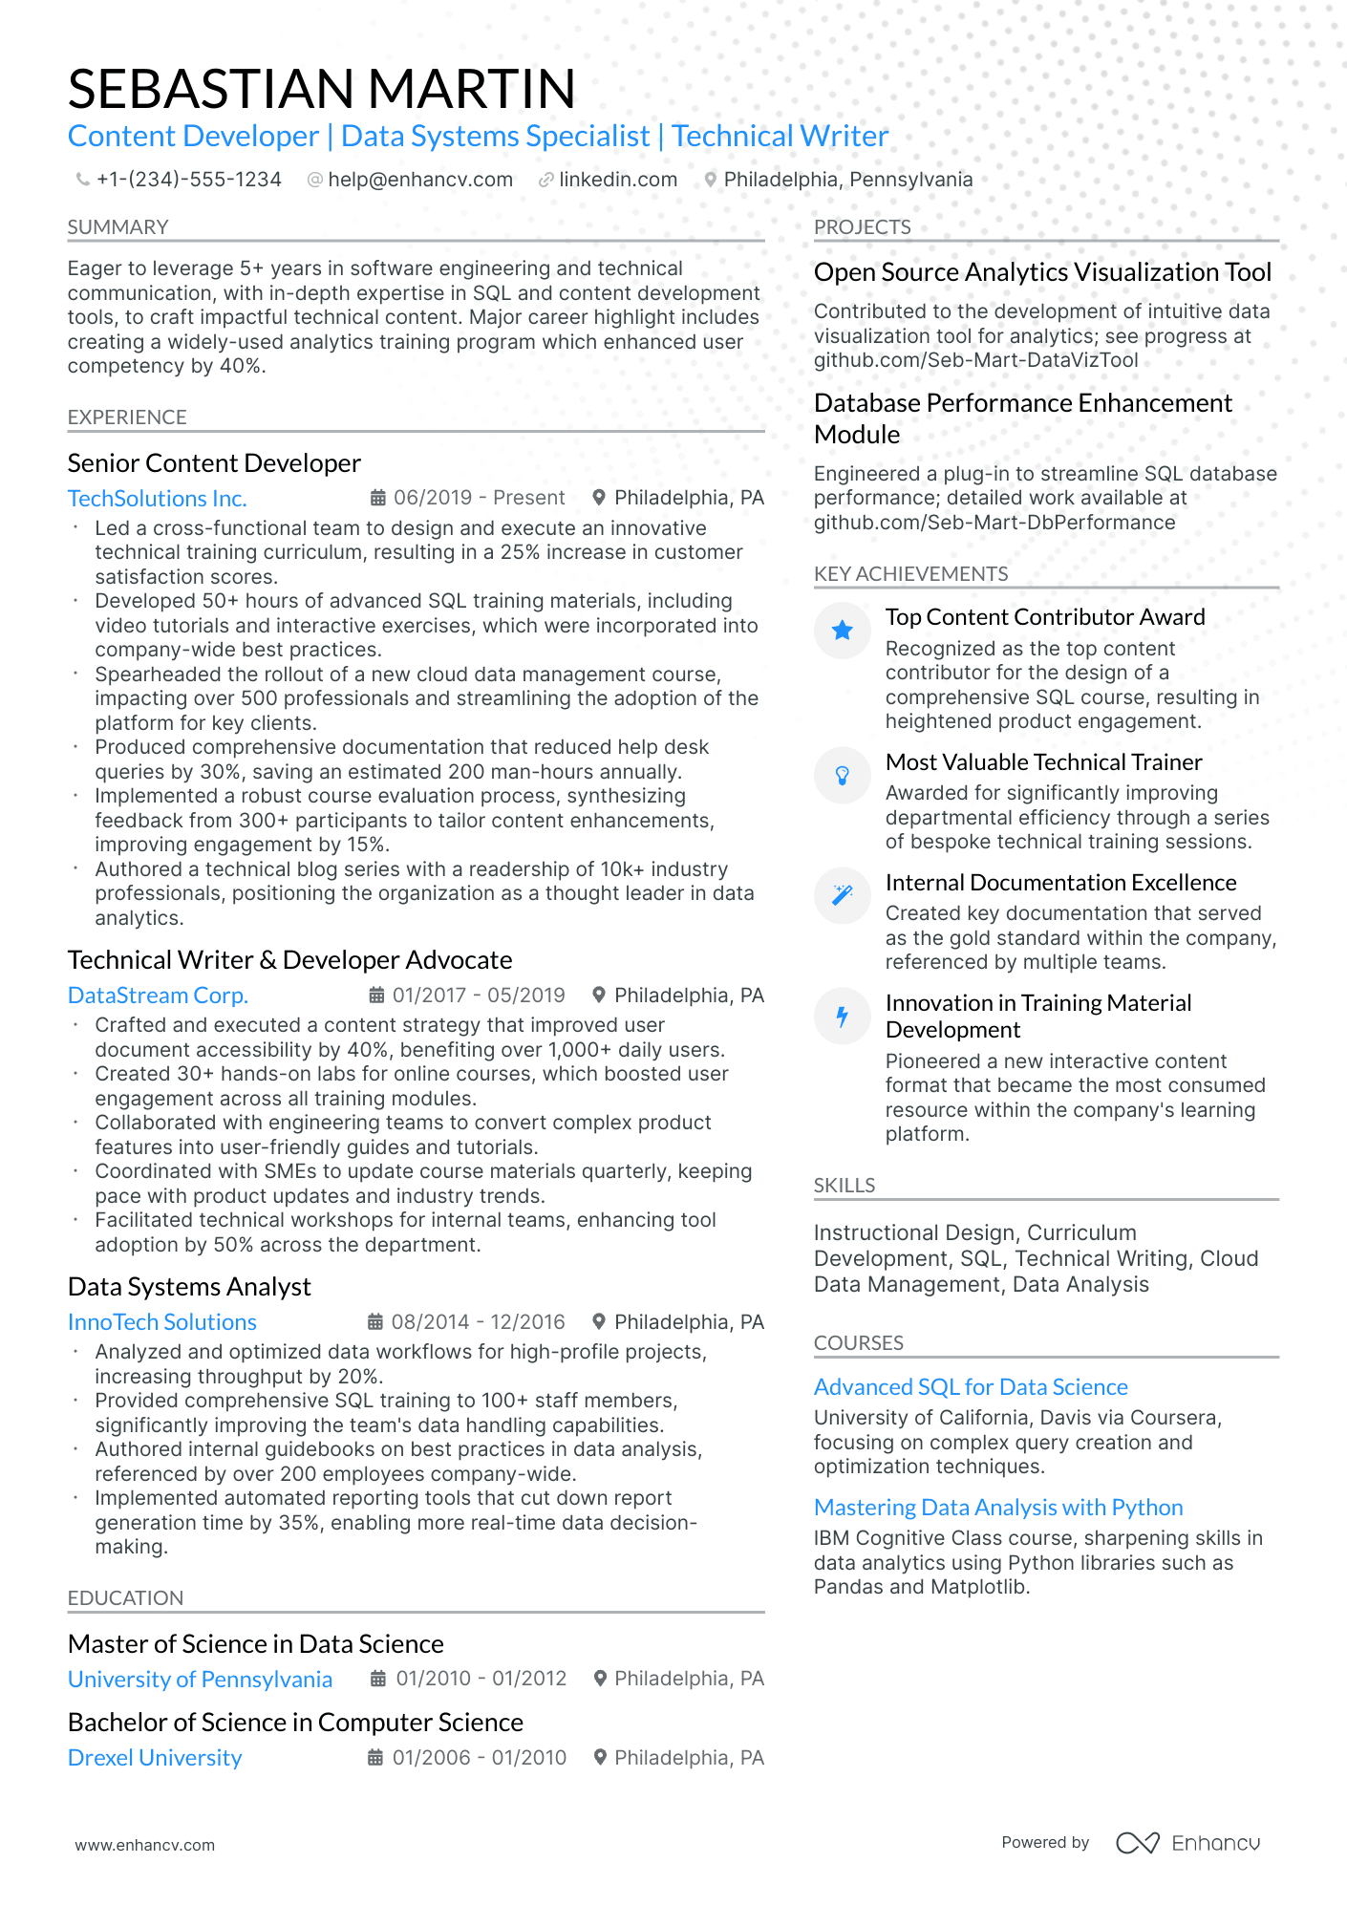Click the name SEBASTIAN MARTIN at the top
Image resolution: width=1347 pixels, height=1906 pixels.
(x=321, y=89)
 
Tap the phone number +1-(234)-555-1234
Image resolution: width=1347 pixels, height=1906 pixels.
(x=188, y=180)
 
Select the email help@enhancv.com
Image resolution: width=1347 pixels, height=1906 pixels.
(x=419, y=180)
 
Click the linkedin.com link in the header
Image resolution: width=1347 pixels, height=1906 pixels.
(x=617, y=180)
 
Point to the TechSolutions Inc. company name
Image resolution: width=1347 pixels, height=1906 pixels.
(x=157, y=499)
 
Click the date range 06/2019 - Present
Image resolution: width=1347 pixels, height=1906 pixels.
(x=479, y=498)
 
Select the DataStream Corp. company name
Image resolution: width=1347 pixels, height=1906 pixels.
(x=158, y=996)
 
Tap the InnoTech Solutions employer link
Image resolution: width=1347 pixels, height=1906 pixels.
(x=161, y=1322)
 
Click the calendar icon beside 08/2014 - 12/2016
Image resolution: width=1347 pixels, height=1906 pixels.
(x=376, y=1322)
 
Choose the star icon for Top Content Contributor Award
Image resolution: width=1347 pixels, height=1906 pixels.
(x=842, y=631)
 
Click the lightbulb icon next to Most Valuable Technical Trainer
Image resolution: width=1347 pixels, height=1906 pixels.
(x=842, y=775)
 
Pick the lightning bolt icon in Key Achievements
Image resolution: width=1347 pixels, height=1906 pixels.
(x=842, y=1017)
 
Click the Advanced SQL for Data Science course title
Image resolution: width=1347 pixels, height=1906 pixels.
(x=970, y=1387)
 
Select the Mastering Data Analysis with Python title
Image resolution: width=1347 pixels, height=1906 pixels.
(x=997, y=1508)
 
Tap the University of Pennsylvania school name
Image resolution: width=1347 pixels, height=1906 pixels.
(x=200, y=1680)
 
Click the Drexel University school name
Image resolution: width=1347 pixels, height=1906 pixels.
(x=155, y=1758)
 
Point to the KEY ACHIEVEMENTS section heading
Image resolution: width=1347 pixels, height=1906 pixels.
(x=910, y=574)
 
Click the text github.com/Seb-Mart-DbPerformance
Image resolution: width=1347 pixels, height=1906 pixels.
(x=994, y=523)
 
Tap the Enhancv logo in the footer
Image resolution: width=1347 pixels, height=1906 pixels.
(x=1187, y=1843)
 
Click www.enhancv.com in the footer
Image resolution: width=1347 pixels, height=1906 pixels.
(x=144, y=1845)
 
